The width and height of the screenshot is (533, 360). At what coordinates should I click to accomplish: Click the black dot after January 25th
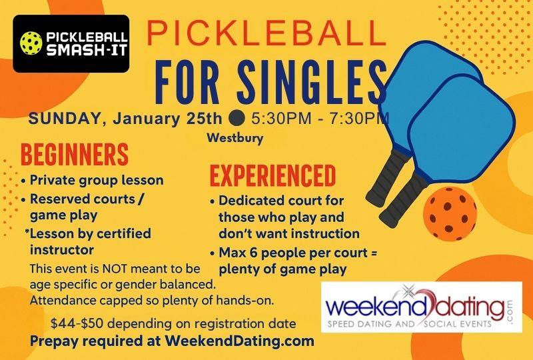[x=236, y=121]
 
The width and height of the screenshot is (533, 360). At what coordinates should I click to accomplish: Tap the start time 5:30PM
[x=274, y=120]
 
